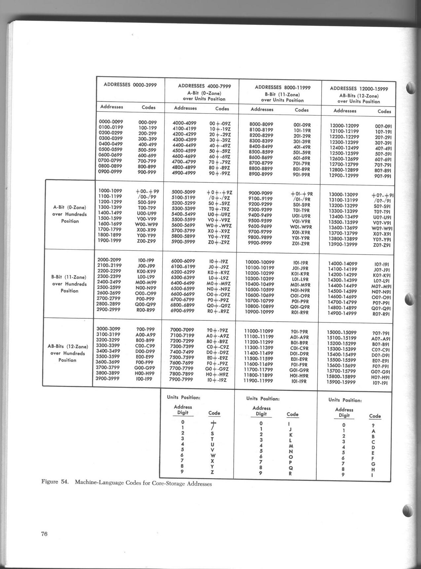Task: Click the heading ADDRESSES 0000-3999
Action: pos(130,84)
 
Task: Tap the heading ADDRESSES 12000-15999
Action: pos(359,88)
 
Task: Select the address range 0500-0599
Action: pos(111,149)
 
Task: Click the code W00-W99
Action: pos(147,224)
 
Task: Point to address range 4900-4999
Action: pos(184,173)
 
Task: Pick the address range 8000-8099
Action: pos(261,124)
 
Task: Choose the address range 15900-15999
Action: pos(341,382)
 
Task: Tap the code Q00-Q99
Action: pos(145,304)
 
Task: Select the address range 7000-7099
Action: pos(182,330)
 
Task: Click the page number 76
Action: pos(45,533)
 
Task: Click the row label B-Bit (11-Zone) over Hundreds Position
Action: pos(69,284)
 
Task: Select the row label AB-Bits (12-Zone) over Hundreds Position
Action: pos(68,353)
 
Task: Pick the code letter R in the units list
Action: pos(290,473)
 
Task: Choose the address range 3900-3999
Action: pos(108,379)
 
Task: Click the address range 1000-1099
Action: pos(110,191)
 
